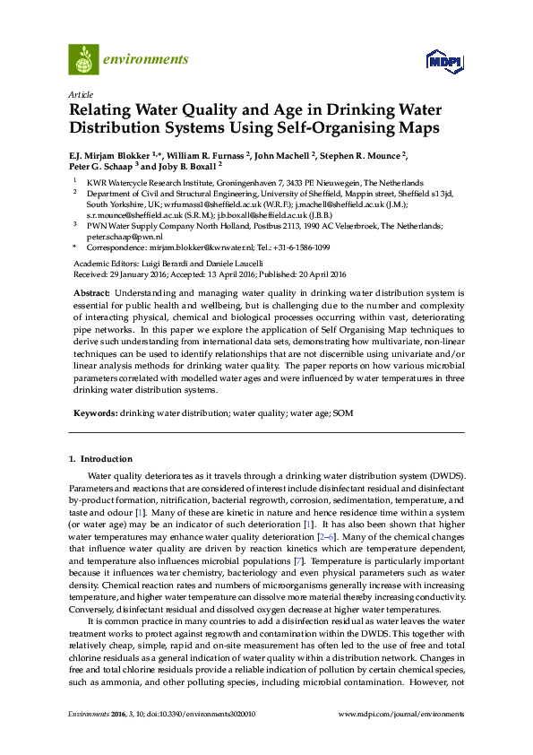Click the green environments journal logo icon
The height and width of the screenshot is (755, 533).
[83, 59]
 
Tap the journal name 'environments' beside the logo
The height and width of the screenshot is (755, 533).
[147, 60]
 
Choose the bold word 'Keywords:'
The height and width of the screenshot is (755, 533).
[94, 412]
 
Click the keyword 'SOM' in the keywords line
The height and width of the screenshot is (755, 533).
[342, 412]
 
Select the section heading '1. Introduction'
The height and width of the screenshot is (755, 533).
[99, 459]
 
